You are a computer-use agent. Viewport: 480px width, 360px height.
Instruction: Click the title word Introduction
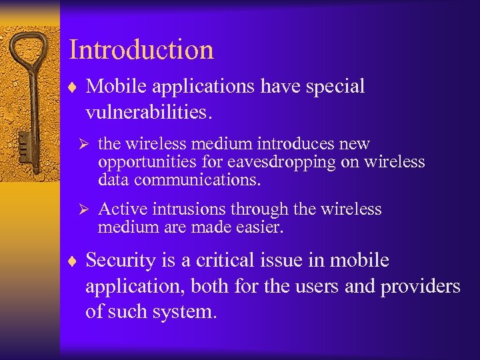(141, 50)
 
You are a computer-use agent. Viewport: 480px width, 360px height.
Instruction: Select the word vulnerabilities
(149, 112)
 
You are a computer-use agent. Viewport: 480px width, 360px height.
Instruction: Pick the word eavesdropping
(272, 162)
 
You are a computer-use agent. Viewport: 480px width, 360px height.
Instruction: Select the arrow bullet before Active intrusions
(83, 209)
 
